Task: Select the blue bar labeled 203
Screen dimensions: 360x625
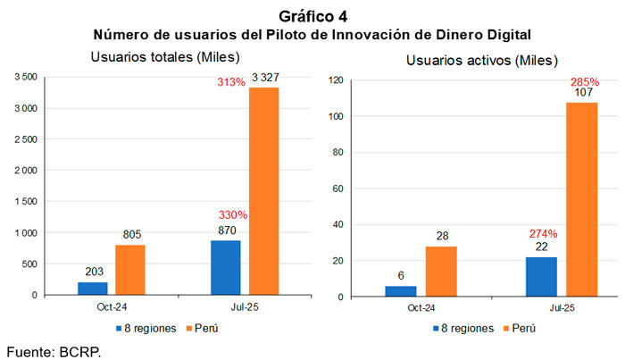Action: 92,288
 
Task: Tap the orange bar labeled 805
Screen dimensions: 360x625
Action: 130,270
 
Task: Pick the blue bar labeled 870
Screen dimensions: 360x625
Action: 225,267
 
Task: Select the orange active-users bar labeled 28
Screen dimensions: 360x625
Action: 441,272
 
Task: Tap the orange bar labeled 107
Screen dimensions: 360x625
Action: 582,199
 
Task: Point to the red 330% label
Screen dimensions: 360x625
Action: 230,215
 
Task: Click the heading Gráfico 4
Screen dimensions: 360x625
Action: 312,16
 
